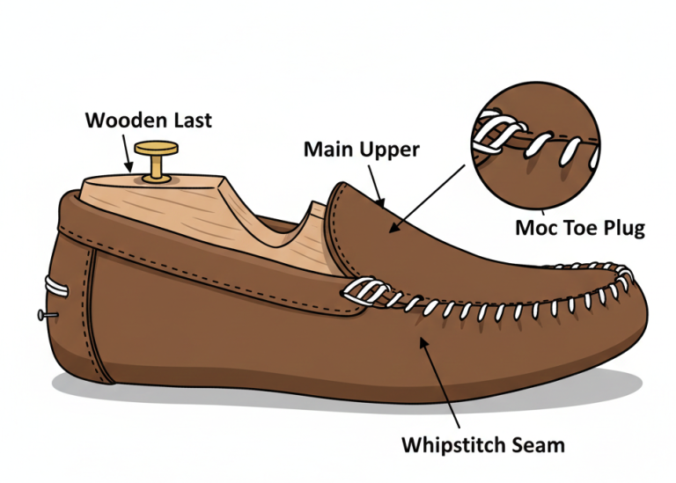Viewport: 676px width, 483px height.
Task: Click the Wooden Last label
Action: click(148, 120)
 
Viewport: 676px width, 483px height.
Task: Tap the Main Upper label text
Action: click(362, 149)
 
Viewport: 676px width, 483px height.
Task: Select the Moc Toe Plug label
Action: click(580, 229)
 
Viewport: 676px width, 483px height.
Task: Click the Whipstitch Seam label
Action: click(483, 445)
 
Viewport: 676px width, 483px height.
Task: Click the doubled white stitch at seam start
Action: click(361, 291)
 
